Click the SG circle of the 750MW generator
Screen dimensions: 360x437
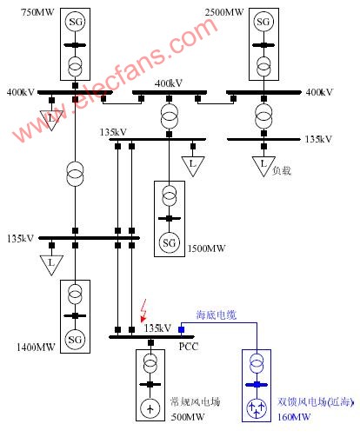click(x=75, y=22)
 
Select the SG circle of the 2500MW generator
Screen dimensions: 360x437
click(x=263, y=22)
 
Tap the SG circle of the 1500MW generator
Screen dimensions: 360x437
click(x=170, y=242)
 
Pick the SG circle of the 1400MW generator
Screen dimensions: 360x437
click(x=75, y=339)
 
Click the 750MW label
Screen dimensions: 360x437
click(x=37, y=12)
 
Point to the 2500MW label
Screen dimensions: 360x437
click(x=224, y=12)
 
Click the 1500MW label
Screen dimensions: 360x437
click(x=206, y=248)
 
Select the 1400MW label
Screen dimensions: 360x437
click(x=36, y=348)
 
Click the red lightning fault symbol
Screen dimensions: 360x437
click(x=143, y=310)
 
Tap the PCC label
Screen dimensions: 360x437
click(x=189, y=347)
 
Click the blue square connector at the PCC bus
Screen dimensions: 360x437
click(x=182, y=329)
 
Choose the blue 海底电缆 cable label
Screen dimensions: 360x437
click(x=217, y=315)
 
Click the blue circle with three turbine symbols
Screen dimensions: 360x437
click(x=257, y=408)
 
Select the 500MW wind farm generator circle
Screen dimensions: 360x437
click(x=150, y=408)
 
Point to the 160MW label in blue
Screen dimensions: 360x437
click(x=294, y=417)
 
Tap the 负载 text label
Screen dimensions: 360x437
click(x=282, y=170)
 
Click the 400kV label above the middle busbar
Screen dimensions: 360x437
click(x=169, y=83)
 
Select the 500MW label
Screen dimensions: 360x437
click(x=188, y=417)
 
